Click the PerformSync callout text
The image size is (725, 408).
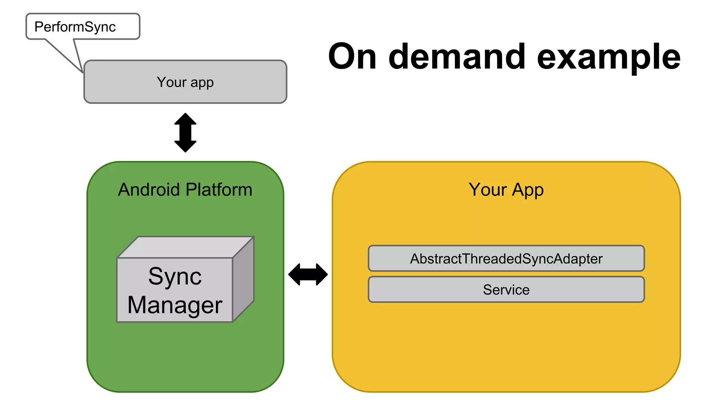tap(75, 27)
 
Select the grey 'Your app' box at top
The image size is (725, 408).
tap(185, 82)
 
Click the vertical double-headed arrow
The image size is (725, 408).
tap(185, 132)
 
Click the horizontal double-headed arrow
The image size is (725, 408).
tap(308, 274)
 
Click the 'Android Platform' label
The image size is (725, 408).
tap(185, 189)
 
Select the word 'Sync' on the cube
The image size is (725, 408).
tap(175, 276)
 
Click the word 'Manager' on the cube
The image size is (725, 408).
tap(175, 305)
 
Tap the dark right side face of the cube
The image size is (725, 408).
tap(244, 280)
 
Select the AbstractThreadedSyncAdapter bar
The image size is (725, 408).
tap(506, 259)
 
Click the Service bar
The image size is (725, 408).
tap(506, 290)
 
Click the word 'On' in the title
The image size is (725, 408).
tap(352, 57)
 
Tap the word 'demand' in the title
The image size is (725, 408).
tap(457, 57)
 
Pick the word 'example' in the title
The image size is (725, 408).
tap(609, 57)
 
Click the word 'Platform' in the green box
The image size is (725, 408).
tap(219, 189)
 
